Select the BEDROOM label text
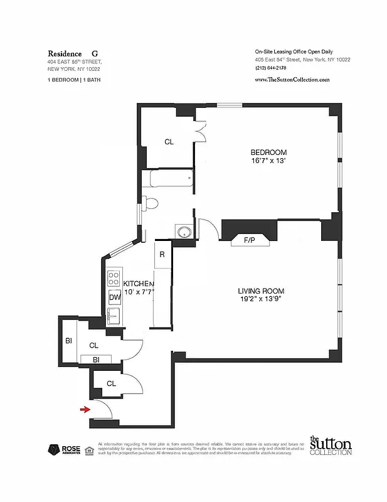click(x=268, y=152)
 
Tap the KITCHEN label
click(x=139, y=284)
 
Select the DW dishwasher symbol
click(x=115, y=298)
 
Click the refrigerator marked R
click(x=162, y=255)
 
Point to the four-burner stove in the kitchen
click(x=114, y=278)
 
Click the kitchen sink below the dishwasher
click(x=114, y=315)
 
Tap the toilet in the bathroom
click(x=151, y=204)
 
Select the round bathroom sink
click(x=184, y=232)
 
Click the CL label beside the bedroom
click(x=169, y=142)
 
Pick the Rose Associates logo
click(x=61, y=450)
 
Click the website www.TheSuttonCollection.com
click(x=292, y=80)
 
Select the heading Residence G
click(x=73, y=54)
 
